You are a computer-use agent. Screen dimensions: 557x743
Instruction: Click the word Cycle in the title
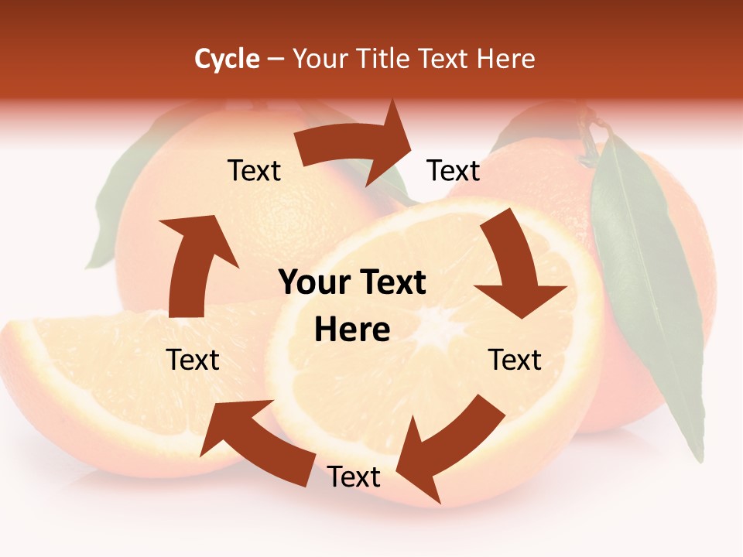point(227,59)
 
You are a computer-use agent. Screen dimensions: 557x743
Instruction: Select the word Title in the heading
point(385,59)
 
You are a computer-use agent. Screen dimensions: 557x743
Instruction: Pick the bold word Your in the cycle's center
point(315,283)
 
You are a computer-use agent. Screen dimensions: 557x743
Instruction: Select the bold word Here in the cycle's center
point(352,330)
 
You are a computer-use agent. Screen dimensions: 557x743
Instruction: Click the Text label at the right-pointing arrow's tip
point(454,170)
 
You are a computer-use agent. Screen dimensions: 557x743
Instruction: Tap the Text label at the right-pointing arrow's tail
point(254,170)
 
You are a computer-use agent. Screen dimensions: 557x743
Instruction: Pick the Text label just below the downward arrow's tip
point(515,360)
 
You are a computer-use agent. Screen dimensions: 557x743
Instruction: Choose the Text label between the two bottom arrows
point(354,477)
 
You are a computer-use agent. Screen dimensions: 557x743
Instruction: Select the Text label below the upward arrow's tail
point(193,360)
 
